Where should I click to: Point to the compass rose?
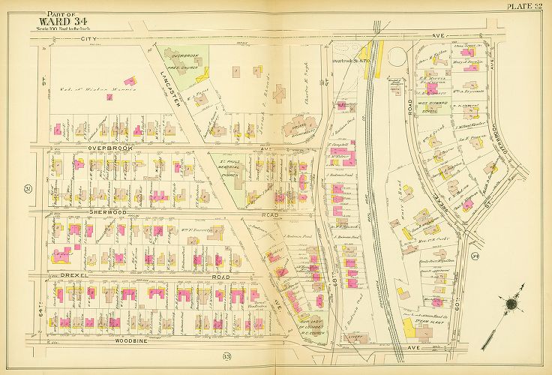(512, 304)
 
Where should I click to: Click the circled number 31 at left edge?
(27, 187)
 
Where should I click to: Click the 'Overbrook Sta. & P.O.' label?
(352, 60)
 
